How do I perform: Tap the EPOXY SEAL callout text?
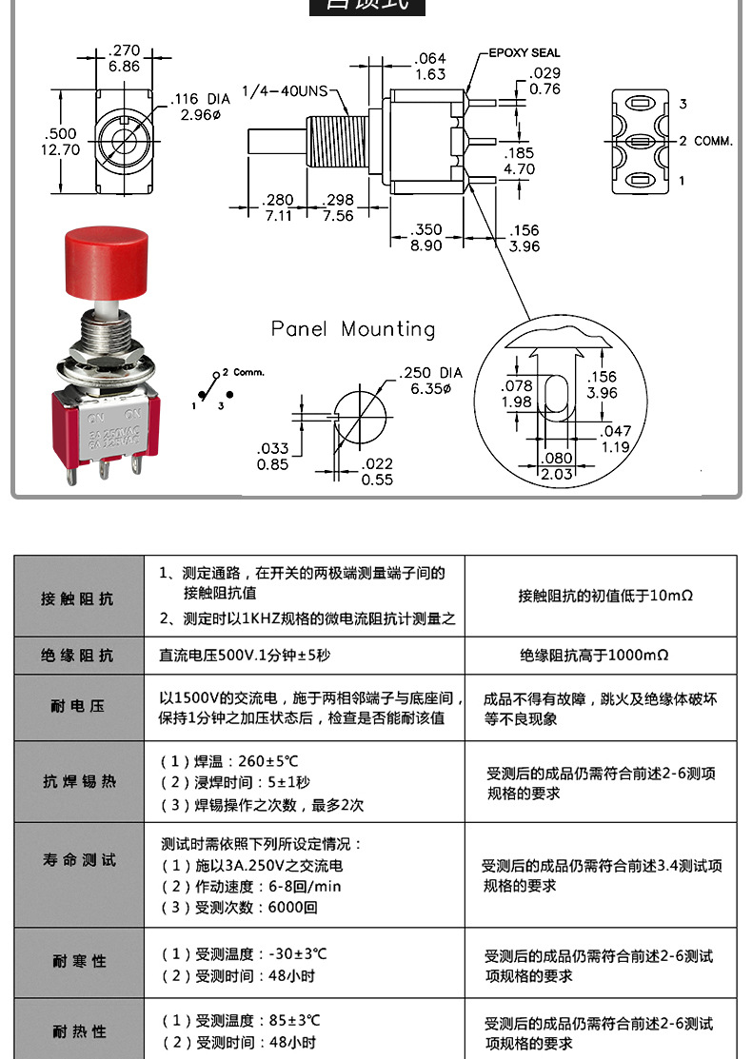pos(524,53)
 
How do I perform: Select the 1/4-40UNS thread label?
pos(285,91)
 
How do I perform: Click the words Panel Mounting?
pos(353,329)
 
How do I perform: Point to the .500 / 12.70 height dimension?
pos(62,141)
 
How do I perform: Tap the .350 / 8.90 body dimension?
pos(427,237)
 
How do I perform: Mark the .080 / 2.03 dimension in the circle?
pos(557,466)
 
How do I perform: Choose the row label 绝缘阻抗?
pos(78,656)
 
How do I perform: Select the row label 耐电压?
pos(78,707)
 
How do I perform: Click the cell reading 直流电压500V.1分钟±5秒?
pos(245,656)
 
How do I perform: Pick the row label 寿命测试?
pos(78,860)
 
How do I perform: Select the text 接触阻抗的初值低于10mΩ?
pos(605,596)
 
